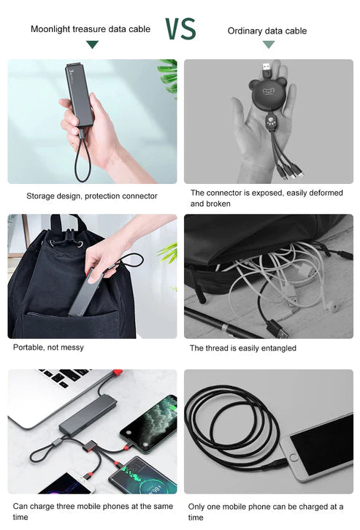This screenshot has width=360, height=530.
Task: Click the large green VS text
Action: (x=180, y=28)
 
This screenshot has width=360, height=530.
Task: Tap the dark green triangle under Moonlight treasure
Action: (x=92, y=45)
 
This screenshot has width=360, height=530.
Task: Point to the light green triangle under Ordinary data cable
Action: (x=269, y=45)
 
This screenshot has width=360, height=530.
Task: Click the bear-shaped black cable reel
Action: (x=268, y=92)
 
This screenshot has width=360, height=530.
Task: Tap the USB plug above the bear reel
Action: (x=267, y=70)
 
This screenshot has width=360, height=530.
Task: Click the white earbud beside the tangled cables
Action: (x=333, y=307)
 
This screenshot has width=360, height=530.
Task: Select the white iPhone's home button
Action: (x=294, y=458)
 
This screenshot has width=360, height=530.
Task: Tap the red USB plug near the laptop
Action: (x=118, y=373)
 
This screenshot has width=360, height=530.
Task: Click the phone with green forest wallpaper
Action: (x=149, y=423)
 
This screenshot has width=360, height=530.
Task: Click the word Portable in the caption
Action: (x=27, y=347)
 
